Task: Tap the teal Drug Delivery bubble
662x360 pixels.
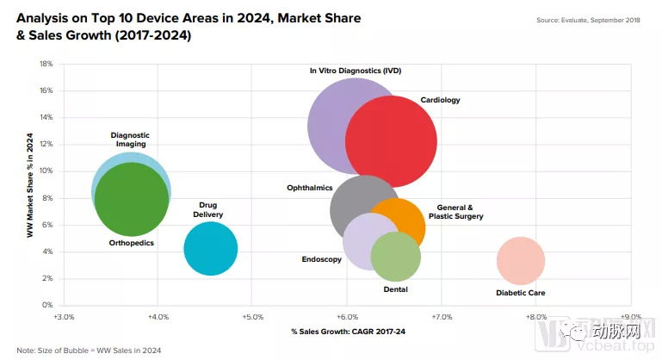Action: [x=210, y=249]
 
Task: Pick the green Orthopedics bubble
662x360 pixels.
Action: [x=131, y=200]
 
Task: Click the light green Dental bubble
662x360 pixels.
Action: [x=396, y=257]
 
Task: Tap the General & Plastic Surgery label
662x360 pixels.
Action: [x=461, y=212]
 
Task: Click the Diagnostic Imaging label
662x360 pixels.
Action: [x=130, y=140]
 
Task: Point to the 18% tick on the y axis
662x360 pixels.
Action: [x=46, y=64]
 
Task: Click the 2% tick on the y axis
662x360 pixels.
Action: [x=48, y=278]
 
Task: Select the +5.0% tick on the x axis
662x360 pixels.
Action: [x=252, y=316]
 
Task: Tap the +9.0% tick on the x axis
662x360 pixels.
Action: [x=631, y=316]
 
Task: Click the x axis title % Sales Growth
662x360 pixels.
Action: [x=346, y=332]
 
